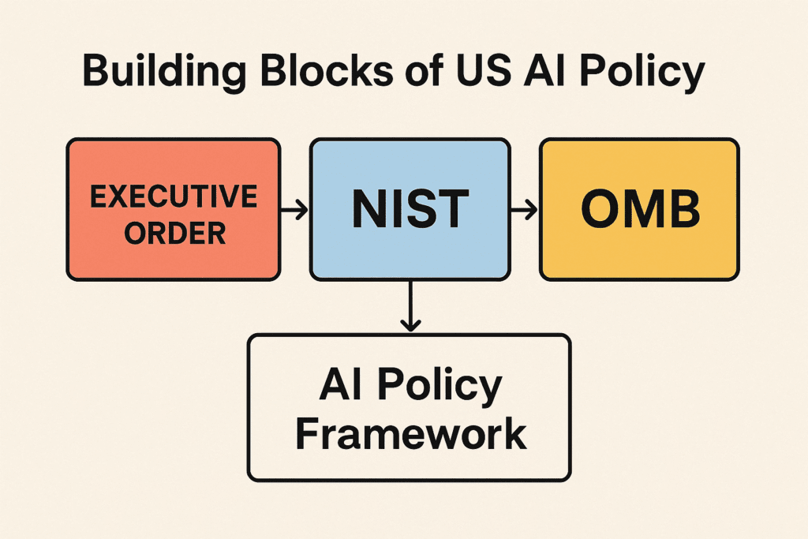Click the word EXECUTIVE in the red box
click(x=174, y=197)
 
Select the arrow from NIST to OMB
click(x=523, y=210)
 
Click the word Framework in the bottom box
click(x=409, y=433)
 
